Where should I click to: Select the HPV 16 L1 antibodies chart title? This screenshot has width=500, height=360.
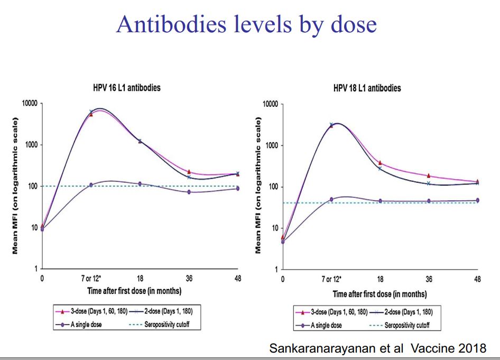pos(126,88)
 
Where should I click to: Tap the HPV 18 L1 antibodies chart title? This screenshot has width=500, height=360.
pos(367,88)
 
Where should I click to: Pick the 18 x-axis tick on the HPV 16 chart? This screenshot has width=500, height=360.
pos(140,278)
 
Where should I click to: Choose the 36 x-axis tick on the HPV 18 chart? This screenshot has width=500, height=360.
pos(429,279)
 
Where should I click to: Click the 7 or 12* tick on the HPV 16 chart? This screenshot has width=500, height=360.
pos(91,278)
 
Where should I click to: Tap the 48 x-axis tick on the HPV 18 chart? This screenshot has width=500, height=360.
pos(477,279)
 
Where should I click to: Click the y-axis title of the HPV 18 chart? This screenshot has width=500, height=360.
pos(258,187)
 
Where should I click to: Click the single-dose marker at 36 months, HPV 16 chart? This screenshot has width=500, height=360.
pos(189,192)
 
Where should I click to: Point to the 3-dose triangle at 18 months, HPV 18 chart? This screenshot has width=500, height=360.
pos(380,163)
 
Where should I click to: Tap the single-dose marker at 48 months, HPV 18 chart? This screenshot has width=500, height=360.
pos(477,200)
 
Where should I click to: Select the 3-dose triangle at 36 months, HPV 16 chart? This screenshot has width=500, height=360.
pos(189,172)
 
